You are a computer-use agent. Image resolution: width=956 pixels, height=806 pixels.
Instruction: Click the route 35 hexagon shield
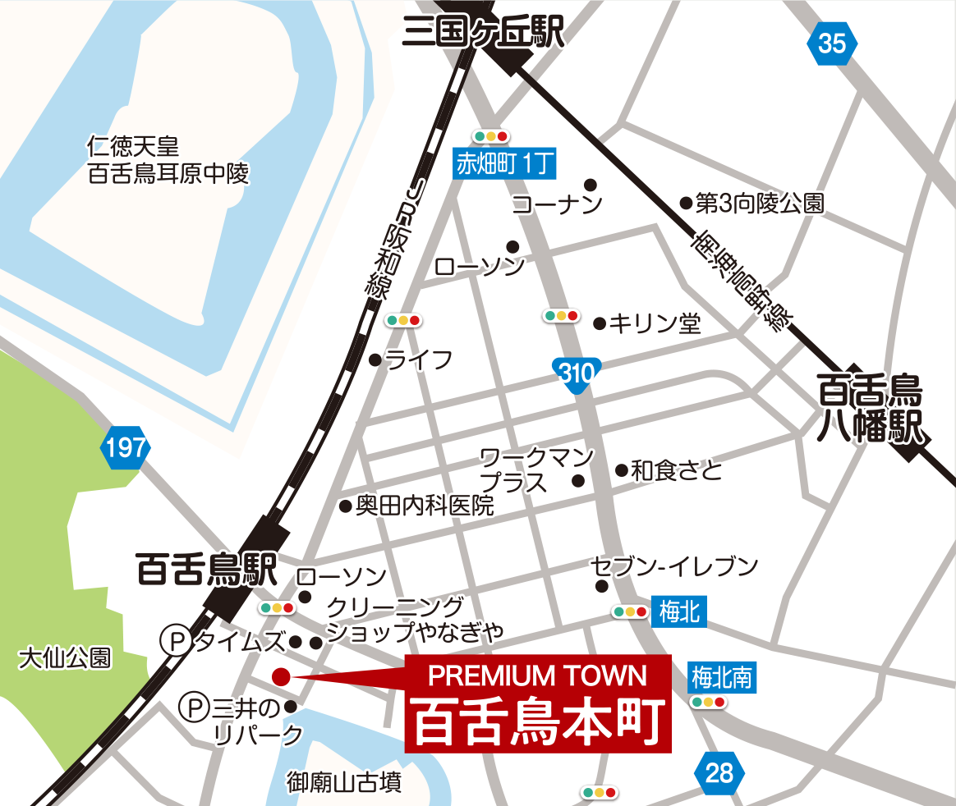click(x=831, y=44)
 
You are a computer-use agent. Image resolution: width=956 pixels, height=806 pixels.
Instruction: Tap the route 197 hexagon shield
click(x=126, y=448)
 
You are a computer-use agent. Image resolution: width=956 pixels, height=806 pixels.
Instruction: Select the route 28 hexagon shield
click(x=719, y=772)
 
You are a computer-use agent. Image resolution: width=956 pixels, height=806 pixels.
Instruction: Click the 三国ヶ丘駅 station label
click(x=483, y=34)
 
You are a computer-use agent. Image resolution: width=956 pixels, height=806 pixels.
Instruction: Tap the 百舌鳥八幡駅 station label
click(x=871, y=410)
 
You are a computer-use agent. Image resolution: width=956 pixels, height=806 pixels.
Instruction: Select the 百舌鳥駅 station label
click(x=207, y=570)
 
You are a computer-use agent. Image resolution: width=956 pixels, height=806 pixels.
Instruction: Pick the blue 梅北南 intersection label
click(x=721, y=676)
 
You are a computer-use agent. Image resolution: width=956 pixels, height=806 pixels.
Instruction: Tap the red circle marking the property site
click(x=281, y=676)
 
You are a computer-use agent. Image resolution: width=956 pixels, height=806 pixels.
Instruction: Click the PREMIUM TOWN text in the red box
click(x=538, y=675)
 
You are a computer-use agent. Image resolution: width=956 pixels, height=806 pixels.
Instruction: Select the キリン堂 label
click(x=655, y=323)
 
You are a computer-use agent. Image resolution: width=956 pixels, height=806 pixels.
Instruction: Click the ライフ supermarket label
click(x=419, y=359)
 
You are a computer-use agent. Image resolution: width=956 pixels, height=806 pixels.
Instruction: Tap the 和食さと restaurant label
click(x=677, y=470)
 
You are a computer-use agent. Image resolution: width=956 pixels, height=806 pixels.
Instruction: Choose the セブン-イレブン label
click(x=673, y=566)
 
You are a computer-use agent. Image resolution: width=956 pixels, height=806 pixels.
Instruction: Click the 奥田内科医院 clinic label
click(x=425, y=506)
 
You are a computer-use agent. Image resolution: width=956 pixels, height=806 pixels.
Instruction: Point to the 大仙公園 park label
click(x=66, y=658)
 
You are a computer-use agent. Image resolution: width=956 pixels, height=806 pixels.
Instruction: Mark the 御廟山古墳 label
click(x=344, y=783)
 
